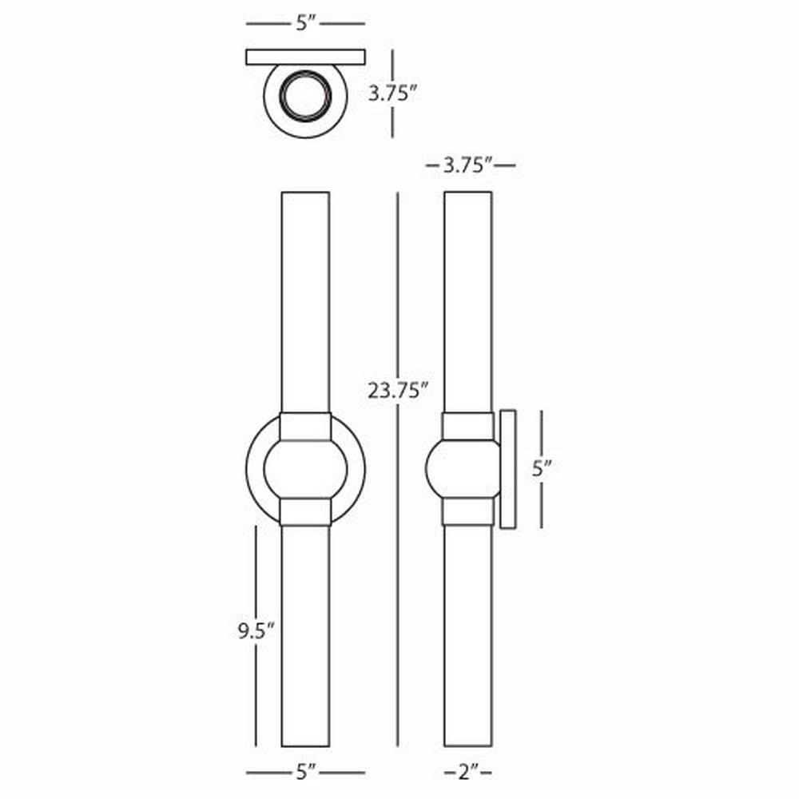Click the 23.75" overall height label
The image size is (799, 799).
point(398,391)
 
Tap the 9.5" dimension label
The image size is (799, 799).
point(256,632)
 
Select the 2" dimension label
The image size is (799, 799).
point(467,773)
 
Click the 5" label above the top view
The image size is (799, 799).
point(306,23)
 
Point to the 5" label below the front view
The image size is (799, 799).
point(306,773)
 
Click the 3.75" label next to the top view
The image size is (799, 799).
point(393,93)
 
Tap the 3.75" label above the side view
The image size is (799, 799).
point(467,165)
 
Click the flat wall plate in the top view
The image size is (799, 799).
point(306,57)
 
